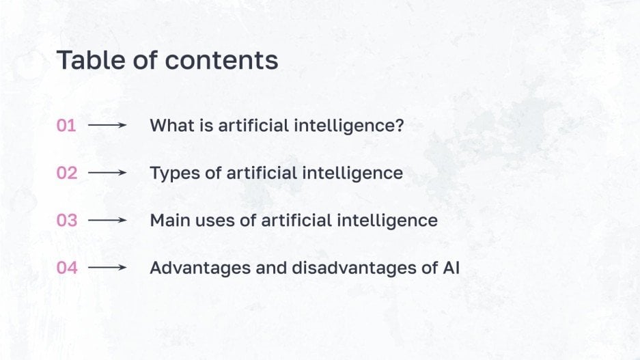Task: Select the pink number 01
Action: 66,126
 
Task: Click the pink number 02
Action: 67,174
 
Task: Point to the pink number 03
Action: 67,221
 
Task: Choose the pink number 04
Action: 67,268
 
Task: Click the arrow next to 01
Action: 107,126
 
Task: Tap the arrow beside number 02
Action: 107,174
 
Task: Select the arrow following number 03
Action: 107,221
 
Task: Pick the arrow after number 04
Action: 107,268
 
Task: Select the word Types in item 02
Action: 171,174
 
